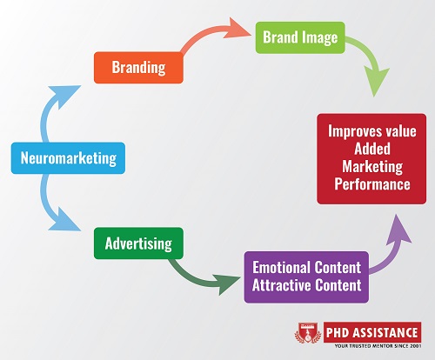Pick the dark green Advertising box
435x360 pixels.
[x=138, y=242]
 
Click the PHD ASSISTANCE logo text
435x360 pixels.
[x=365, y=330]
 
